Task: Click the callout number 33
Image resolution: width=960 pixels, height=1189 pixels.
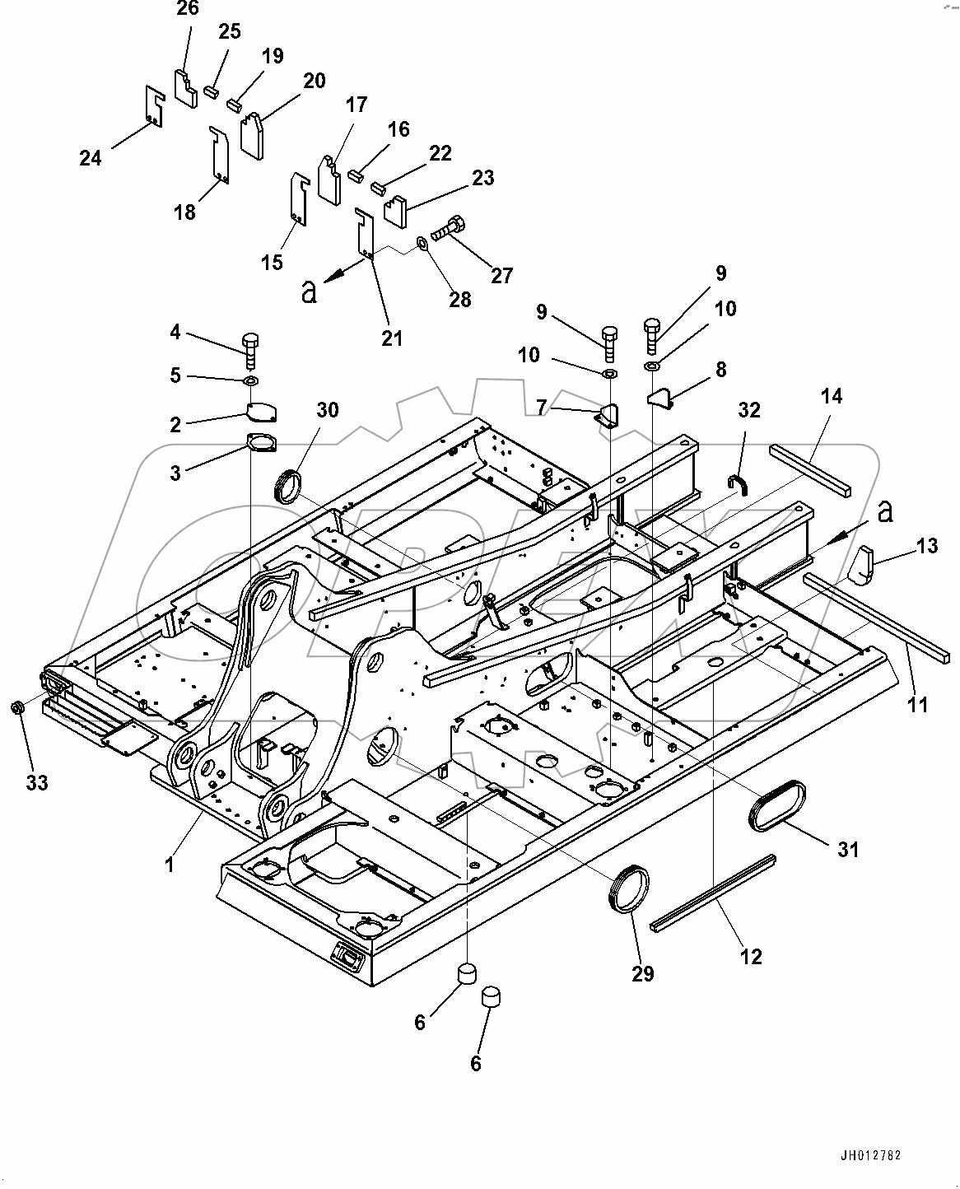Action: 36,782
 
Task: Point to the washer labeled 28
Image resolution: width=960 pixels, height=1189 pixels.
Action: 421,243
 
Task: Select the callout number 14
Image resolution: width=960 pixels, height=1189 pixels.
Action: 832,397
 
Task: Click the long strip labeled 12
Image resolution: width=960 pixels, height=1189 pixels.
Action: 712,893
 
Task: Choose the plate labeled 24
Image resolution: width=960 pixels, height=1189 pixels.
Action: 153,106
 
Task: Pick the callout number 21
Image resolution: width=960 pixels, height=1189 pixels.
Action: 392,337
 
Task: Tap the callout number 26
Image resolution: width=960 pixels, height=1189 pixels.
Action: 188,9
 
